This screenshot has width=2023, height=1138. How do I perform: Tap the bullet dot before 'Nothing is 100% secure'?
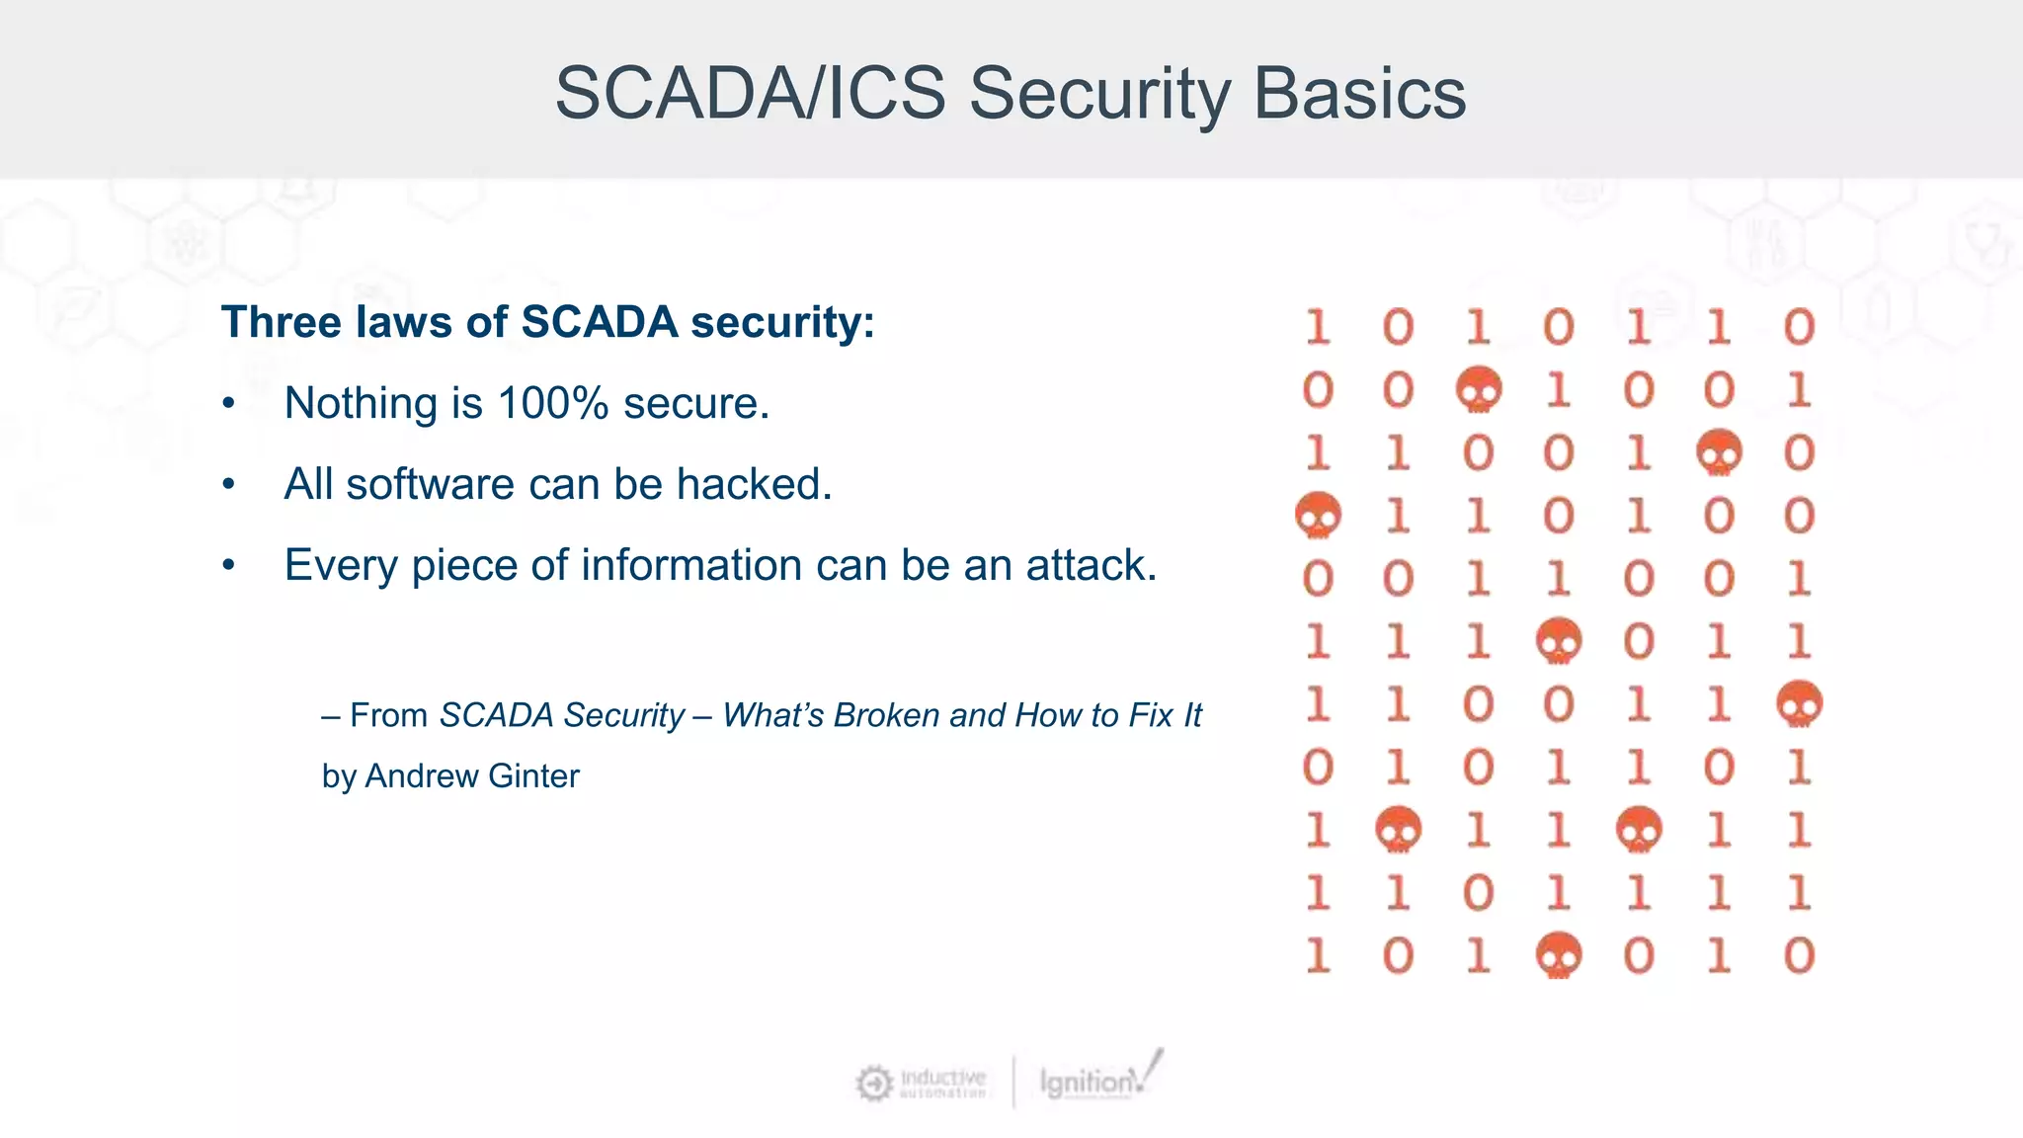tap(229, 404)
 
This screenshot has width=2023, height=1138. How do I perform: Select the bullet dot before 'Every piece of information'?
tap(229, 566)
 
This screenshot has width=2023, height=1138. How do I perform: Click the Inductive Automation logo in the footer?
tap(921, 1083)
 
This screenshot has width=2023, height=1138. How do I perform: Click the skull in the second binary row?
tap(1479, 389)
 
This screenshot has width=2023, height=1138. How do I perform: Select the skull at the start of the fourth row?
tap(1318, 515)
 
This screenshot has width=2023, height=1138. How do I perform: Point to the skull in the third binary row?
tap(1719, 452)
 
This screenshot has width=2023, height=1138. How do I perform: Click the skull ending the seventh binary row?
tap(1799, 703)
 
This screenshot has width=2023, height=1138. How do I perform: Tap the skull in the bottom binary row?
tap(1559, 955)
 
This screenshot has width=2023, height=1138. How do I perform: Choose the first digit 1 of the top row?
tap(1318, 327)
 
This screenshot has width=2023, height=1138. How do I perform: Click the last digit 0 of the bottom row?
tap(1799, 955)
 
